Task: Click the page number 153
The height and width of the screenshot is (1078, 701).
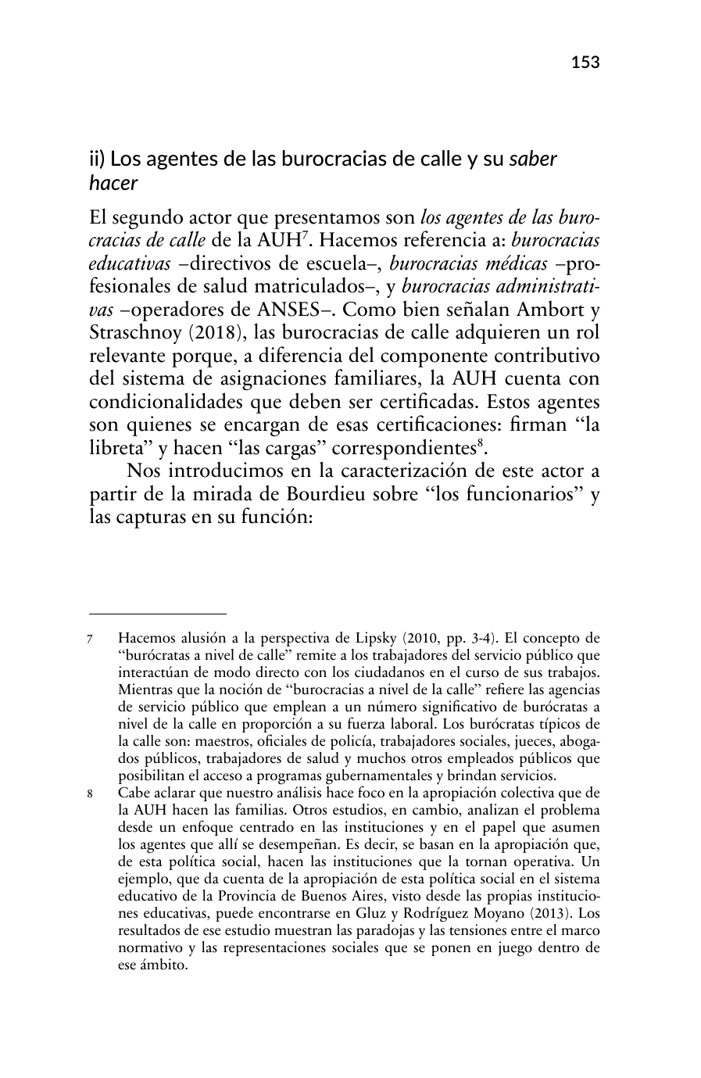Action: pos(585,63)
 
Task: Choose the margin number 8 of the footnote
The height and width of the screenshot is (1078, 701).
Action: pos(92,792)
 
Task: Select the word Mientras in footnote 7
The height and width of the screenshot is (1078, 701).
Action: pos(144,690)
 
